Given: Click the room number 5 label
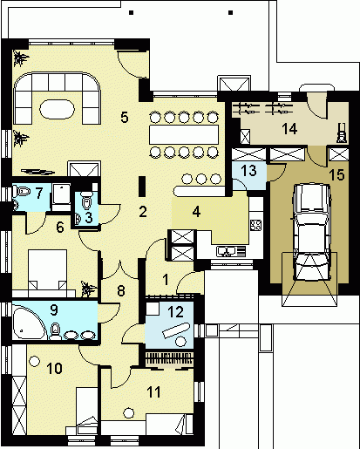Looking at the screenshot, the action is coord(125,117).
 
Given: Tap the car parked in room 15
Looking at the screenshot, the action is coord(312,232).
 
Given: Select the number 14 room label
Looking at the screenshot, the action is coord(289,128).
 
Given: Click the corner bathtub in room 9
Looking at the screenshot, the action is coord(29,322).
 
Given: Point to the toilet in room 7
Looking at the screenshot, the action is coord(22,192).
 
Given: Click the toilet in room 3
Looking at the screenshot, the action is coord(86,200).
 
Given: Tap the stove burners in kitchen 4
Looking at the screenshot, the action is coord(256,225).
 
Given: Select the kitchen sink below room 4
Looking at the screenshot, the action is coord(231,251).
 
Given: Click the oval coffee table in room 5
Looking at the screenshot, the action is coord(58,109).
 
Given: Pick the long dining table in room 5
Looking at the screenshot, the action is coord(184,134).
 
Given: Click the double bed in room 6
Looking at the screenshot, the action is coord(48,269).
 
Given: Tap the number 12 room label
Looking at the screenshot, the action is coord(176,312).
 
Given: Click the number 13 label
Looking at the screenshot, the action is coord(249,171).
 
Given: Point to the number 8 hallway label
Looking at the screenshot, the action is coord(121,291).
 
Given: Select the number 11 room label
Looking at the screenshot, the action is coord(153,392).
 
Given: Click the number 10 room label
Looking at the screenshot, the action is coord(54,369).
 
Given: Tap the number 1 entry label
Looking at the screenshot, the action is coord(166,280).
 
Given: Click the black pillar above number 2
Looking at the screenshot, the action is coord(142,187).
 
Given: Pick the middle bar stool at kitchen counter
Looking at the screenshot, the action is coord(200,179).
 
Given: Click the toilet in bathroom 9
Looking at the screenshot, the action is coord(55,331).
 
